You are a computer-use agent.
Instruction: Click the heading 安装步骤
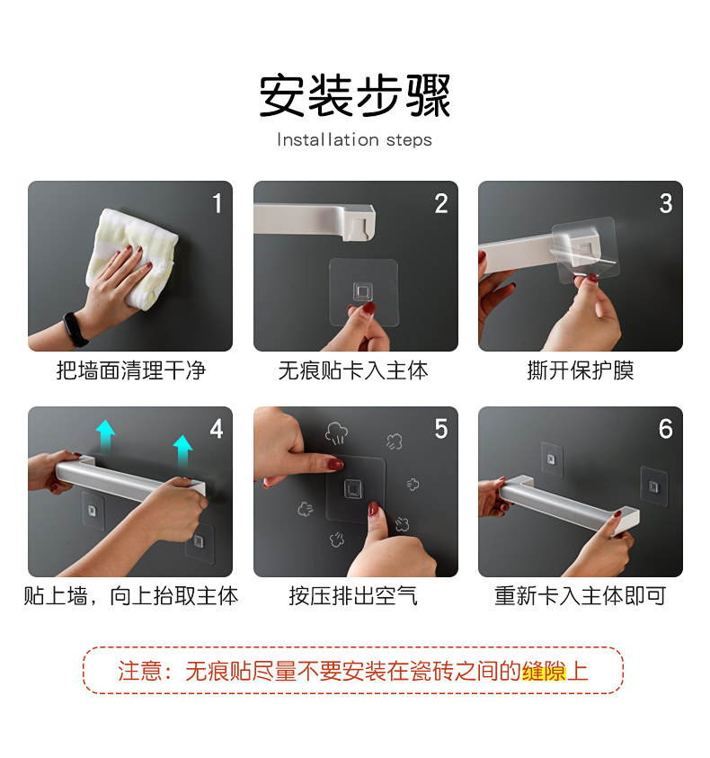coord(355,95)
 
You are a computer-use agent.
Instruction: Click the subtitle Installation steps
coord(354,139)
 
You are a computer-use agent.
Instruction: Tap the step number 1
coord(217,203)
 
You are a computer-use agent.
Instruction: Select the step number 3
coord(666,203)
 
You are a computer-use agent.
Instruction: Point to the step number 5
coord(440,429)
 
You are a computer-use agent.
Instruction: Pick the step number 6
coord(666,429)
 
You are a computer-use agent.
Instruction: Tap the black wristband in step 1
coord(75,329)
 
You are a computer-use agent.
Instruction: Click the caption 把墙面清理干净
coord(130,370)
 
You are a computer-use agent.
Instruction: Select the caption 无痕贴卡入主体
coord(353,370)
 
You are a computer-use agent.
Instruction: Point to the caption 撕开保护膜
coord(580,370)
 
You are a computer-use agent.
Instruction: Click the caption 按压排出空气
coord(353,596)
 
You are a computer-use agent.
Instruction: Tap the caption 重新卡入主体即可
coord(580,596)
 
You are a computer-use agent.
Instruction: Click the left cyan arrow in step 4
coord(105,435)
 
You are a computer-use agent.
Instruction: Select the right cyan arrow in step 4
coord(182,450)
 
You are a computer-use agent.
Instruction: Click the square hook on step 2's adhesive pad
coord(362,291)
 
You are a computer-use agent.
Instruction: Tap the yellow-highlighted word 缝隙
coord(544,672)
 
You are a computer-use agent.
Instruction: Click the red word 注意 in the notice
coord(139,672)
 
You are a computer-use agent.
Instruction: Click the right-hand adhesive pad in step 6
coord(654,486)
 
